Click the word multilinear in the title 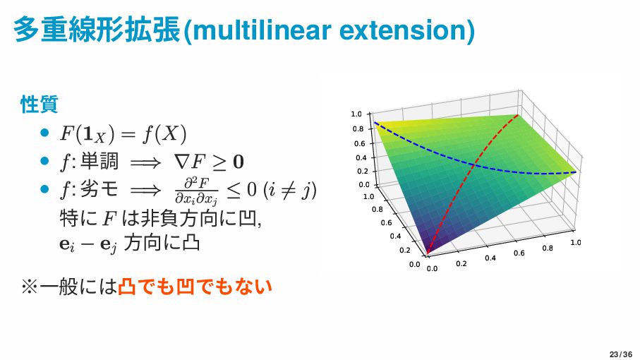(262, 30)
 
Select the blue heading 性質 (40, 104)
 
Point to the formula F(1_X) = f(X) (123, 133)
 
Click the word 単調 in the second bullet (99, 161)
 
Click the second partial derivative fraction (196, 190)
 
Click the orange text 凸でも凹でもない (195, 286)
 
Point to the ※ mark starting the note (30, 286)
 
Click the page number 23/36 (620, 354)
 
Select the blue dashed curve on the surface (473, 165)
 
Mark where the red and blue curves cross (473, 165)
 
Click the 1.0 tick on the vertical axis (356, 114)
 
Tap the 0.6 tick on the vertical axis (360, 143)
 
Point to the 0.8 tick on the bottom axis (548, 248)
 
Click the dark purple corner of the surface (427, 254)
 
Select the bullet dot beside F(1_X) (45, 133)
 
